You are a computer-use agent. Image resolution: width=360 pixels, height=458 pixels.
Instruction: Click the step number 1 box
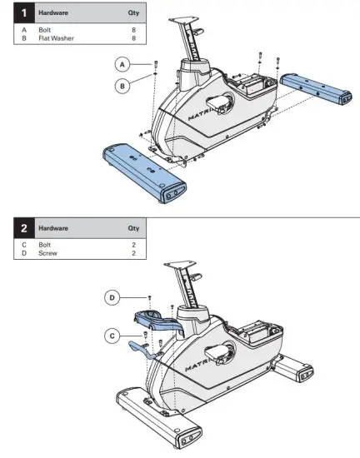coord(12,14)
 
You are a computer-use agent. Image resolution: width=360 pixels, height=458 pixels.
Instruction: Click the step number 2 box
coord(12,227)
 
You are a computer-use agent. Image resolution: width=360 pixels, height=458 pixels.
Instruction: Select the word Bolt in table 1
coord(47,31)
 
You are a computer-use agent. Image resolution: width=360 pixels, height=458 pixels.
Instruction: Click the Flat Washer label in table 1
coord(57,38)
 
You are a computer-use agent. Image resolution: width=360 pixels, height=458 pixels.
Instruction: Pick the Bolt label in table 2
coord(46,245)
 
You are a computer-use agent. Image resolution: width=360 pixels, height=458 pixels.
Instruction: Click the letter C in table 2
coord(24,245)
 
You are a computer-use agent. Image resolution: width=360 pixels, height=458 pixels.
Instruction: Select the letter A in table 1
coord(24,31)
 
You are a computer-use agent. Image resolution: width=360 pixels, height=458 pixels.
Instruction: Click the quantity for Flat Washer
coord(133,38)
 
